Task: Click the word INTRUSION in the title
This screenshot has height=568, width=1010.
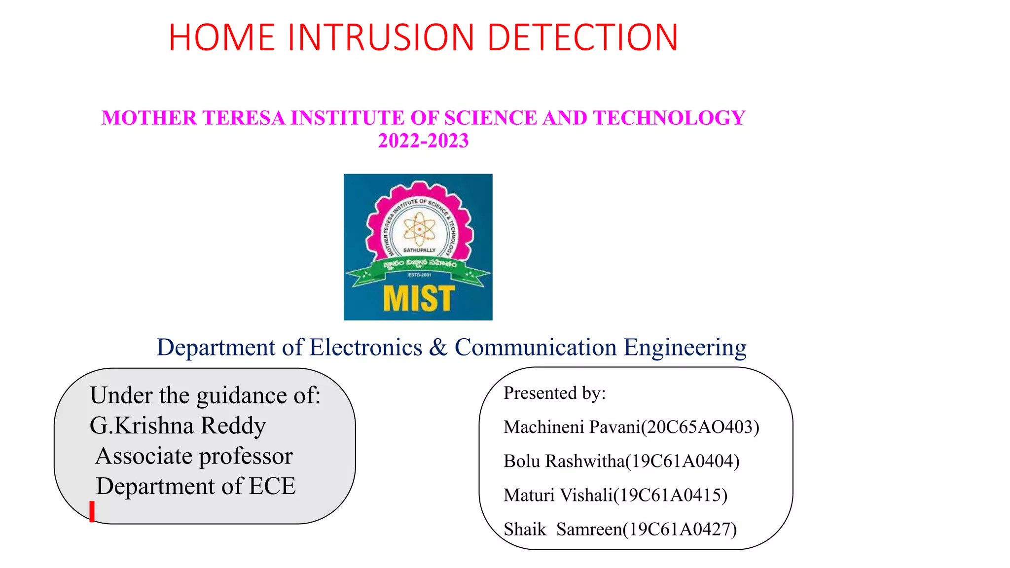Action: tap(380, 37)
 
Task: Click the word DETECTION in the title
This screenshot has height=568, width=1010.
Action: tap(582, 37)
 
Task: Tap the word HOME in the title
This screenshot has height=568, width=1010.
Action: tap(221, 37)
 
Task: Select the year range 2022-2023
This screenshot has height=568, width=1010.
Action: tap(423, 141)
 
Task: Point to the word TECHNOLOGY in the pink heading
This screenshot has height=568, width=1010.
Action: tap(669, 118)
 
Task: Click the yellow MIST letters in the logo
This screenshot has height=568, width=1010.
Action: tap(418, 298)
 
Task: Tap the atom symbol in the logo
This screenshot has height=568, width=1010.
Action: tap(419, 229)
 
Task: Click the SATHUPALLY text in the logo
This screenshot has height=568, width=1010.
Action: tap(419, 250)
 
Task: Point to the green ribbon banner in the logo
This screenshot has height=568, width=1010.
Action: tap(418, 266)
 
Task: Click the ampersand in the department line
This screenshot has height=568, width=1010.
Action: tap(438, 347)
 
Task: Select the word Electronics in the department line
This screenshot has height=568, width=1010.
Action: tap(365, 347)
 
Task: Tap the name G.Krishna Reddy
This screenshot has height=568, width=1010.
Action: tap(178, 426)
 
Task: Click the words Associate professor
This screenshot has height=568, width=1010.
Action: tap(194, 456)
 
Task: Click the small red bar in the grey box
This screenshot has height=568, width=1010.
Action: tap(92, 511)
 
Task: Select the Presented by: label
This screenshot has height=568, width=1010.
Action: tap(554, 393)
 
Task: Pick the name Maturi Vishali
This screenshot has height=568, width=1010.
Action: tap(558, 495)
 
